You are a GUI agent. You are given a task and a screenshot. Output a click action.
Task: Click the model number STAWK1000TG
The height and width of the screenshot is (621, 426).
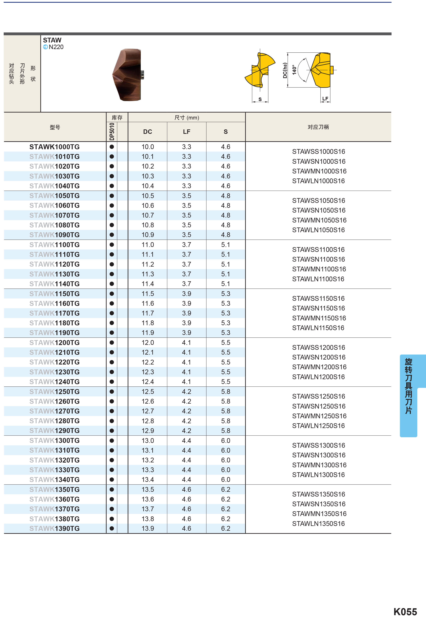point(55,147)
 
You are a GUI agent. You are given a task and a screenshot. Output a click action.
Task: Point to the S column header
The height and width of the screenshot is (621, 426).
point(225,132)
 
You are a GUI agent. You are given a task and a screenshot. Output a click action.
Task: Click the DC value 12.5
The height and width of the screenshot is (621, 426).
point(148,391)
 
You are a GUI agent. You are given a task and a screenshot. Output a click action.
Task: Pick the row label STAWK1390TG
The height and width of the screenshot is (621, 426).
point(55,528)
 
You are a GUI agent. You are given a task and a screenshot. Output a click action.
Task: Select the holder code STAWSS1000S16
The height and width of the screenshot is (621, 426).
point(318,152)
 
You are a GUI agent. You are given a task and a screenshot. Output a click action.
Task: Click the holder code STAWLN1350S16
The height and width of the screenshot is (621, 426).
point(318,523)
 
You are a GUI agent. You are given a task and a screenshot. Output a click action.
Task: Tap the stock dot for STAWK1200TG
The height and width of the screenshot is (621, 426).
point(112,343)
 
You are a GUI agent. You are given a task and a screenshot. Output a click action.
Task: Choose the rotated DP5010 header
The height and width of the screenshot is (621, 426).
point(112,132)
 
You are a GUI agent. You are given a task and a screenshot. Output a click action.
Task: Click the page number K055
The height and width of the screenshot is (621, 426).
point(405,612)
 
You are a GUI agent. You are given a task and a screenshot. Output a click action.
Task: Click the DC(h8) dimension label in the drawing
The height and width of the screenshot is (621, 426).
point(285,70)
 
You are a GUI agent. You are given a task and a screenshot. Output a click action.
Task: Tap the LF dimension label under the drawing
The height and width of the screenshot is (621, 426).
point(325,99)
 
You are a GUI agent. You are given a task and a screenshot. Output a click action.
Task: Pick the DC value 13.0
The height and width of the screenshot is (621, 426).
point(148,440)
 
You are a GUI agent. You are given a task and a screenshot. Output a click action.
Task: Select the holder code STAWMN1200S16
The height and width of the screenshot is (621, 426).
point(319,367)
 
